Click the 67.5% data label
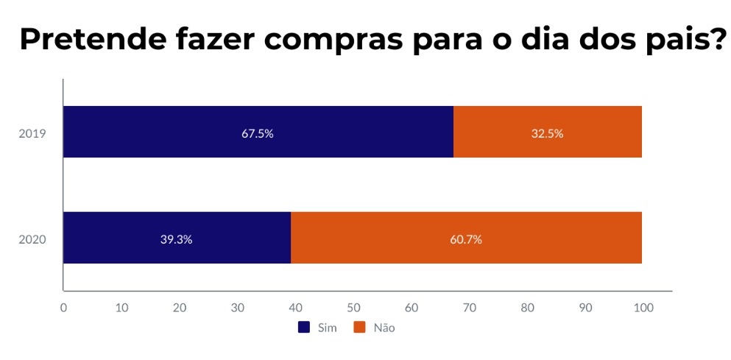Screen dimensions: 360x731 click(258, 133)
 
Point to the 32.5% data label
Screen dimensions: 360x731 click(548, 133)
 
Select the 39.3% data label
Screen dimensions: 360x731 click(177, 239)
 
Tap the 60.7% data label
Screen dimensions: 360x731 click(466, 239)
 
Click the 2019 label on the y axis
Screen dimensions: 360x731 click(33, 133)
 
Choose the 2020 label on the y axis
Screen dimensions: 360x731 click(33, 239)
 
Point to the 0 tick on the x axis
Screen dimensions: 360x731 click(64, 307)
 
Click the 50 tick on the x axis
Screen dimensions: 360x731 click(353, 307)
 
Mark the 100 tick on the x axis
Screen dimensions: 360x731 click(643, 307)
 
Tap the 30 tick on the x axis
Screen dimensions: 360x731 click(238, 307)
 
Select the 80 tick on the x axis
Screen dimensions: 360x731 click(527, 307)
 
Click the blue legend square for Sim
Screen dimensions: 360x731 click(304, 328)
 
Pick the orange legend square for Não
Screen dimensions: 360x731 click(360, 328)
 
